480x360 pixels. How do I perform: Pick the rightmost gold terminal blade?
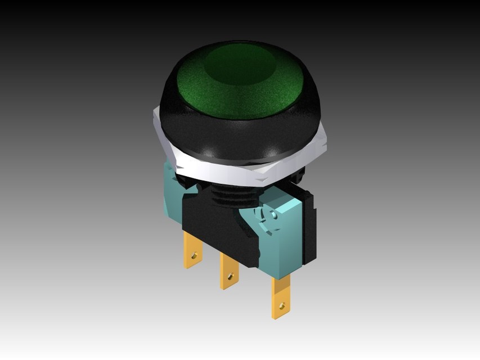pyautogui.click(x=281, y=298)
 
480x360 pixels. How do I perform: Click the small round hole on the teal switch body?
pyautogui.click(x=274, y=215)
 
